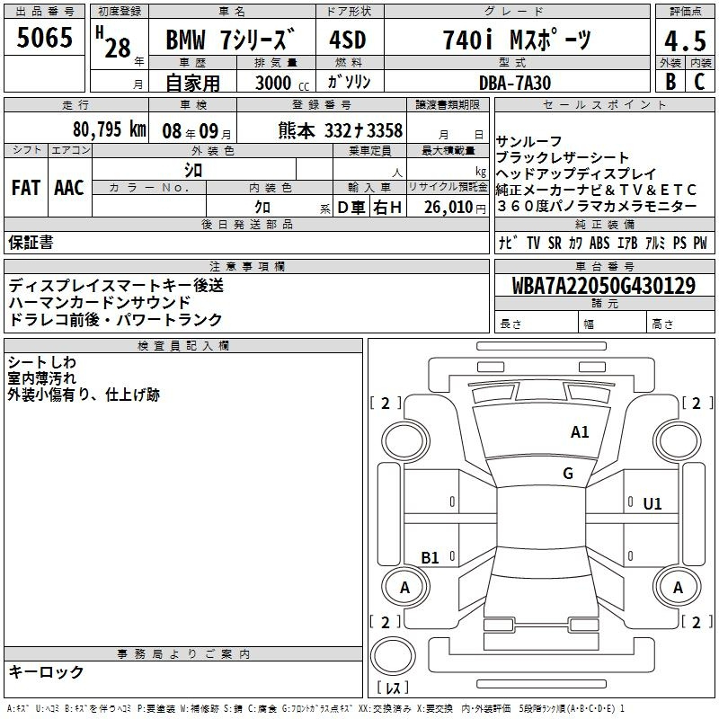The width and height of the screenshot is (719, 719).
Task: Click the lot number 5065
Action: point(44,38)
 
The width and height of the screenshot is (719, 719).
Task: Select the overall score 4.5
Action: point(685,40)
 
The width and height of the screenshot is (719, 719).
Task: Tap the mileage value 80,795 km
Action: point(109,129)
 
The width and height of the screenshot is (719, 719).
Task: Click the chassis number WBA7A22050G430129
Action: point(603,285)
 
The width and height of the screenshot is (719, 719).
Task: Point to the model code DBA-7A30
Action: point(514,83)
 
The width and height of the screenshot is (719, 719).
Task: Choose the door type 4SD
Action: point(348,40)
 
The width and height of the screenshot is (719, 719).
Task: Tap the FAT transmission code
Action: point(26,188)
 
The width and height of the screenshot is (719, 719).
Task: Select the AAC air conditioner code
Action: point(69,188)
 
